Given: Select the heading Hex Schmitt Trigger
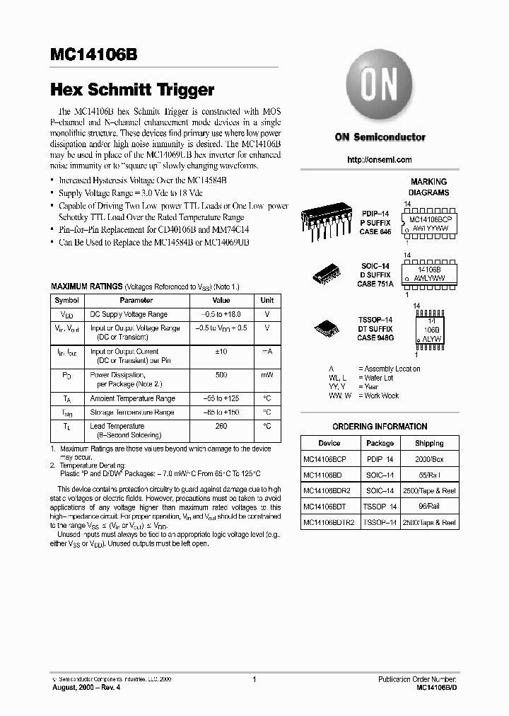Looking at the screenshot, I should tap(131, 90).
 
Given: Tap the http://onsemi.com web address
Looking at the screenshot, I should tap(380, 160).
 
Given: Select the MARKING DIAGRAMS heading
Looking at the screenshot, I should tap(428, 187).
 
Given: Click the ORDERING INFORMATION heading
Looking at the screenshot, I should tap(380, 427).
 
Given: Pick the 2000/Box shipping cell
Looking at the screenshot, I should tap(429, 459).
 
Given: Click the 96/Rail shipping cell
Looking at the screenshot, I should tap(429, 507).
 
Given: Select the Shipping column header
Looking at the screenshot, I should tap(429, 443).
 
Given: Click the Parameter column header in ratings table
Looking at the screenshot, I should tap(136, 300).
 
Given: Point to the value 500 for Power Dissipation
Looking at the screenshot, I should tap(221, 375).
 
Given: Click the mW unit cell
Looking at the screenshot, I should tap(267, 375).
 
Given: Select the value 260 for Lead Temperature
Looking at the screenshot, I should tap(221, 426).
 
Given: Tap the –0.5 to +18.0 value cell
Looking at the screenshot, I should tap(221, 313).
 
